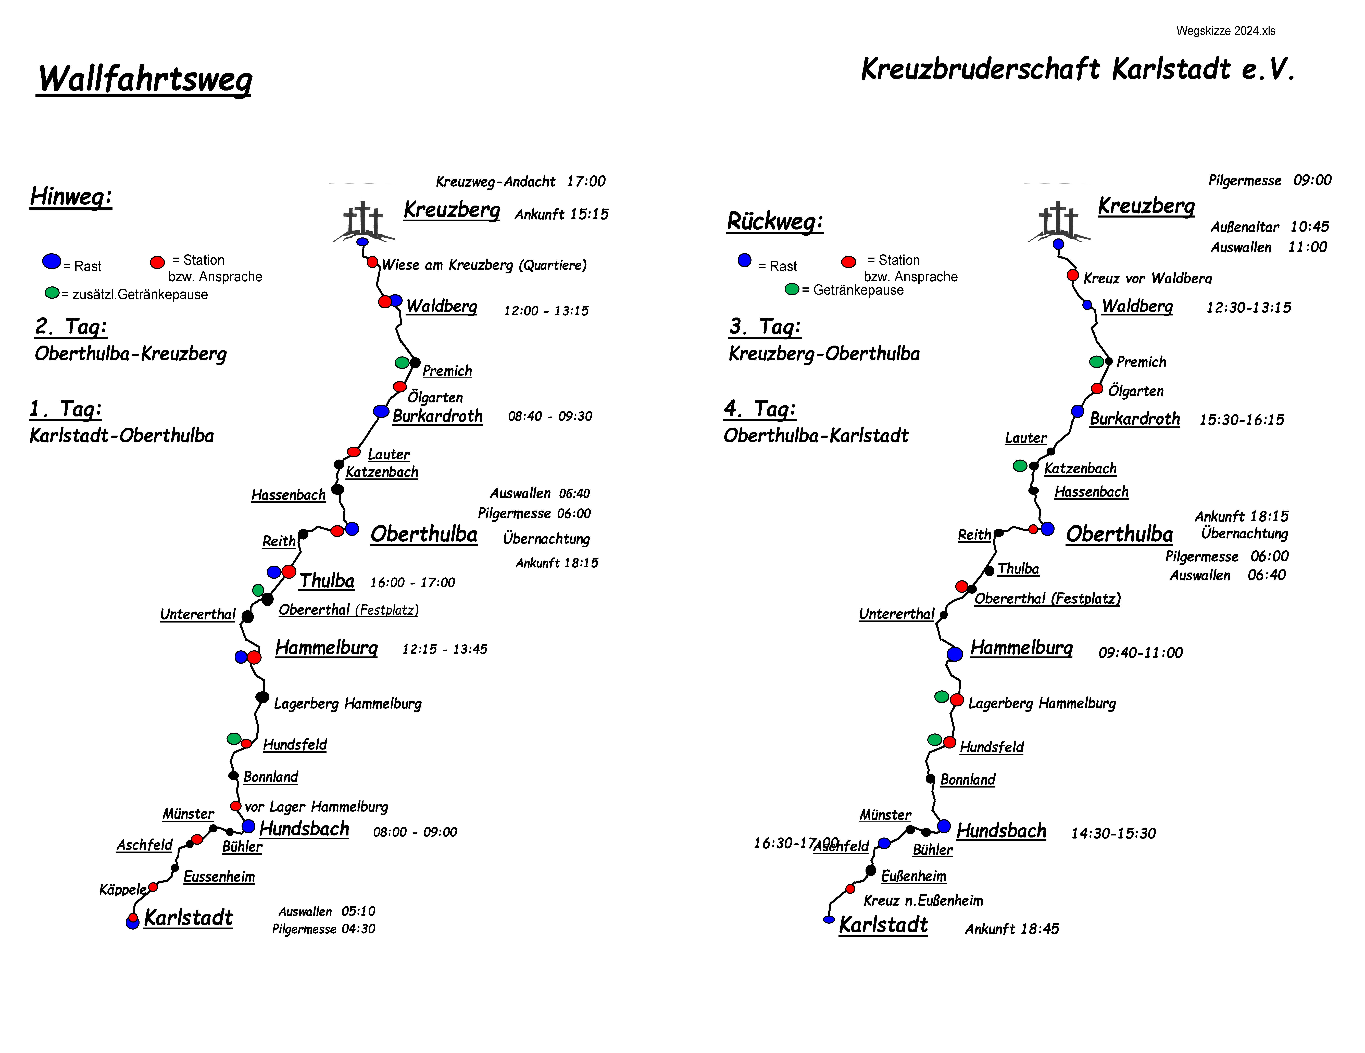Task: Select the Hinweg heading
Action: (71, 196)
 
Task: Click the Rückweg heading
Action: (775, 221)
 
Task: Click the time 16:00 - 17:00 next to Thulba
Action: (412, 582)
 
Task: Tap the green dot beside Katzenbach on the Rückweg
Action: (1019, 466)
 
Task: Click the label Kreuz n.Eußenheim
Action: (923, 900)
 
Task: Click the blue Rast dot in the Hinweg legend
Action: (52, 261)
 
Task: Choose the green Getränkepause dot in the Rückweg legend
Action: (792, 289)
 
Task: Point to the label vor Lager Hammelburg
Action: (316, 807)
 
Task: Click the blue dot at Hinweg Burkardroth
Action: (381, 411)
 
